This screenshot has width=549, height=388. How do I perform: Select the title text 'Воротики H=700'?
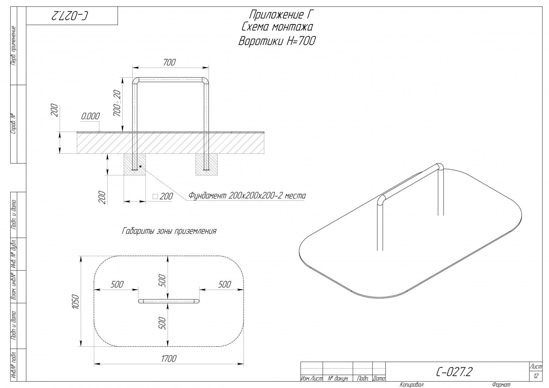pos(277,41)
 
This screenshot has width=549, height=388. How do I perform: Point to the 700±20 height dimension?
pos(118,103)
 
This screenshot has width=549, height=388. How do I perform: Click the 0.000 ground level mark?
pos(91,116)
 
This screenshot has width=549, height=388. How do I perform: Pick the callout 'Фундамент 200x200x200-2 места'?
pos(247,196)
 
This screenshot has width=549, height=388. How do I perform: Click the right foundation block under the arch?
pos(206,165)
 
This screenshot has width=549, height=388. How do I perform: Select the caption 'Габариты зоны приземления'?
pos(169,231)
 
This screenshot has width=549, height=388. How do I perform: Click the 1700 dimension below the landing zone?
pos(169,359)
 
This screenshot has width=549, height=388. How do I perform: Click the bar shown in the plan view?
pos(169,301)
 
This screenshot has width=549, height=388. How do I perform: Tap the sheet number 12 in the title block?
pos(536,376)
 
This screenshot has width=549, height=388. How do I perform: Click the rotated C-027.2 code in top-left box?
pos(70,16)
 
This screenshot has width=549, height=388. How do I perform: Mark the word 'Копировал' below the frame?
pos(412,384)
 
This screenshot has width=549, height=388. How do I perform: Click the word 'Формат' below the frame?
pos(501,384)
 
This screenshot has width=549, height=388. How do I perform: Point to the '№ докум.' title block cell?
pos(338,379)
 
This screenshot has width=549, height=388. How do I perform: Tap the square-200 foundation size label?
pos(163,197)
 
